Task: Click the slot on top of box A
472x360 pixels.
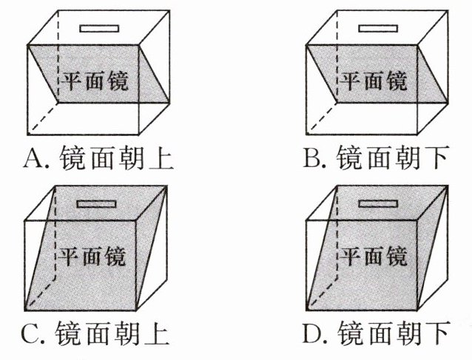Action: click(98, 28)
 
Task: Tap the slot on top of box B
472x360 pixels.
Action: click(377, 28)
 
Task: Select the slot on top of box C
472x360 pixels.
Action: click(98, 203)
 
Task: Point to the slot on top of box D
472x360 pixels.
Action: click(377, 203)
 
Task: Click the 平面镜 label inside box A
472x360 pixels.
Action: click(94, 81)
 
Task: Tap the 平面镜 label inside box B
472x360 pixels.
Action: click(373, 81)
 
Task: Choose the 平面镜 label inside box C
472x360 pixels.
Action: click(92, 257)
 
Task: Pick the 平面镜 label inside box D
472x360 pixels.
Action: click(373, 257)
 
